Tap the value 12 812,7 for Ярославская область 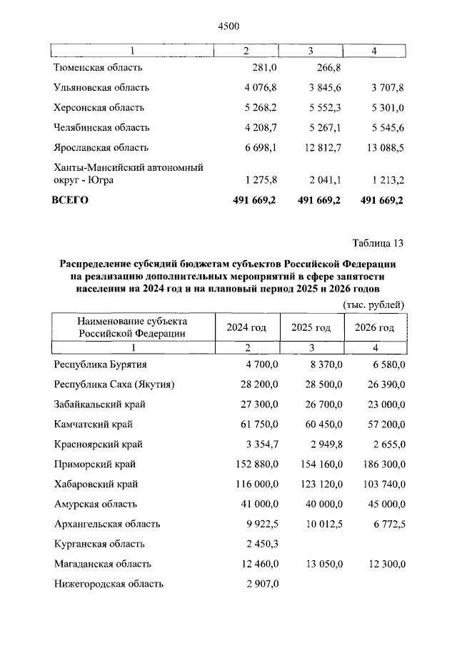(319, 148)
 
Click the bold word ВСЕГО (70, 200)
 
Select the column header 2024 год (246, 327)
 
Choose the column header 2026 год (374, 327)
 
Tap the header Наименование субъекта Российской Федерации (132, 327)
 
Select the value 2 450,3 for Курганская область (258, 544)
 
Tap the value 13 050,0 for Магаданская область (319, 564)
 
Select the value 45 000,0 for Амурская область (383, 504)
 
